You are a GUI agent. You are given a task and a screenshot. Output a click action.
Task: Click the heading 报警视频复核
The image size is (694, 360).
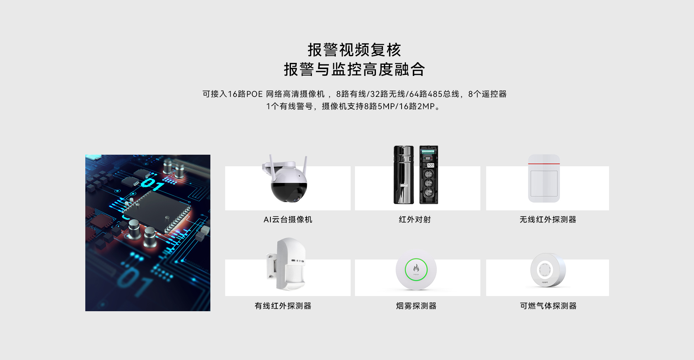click(354, 50)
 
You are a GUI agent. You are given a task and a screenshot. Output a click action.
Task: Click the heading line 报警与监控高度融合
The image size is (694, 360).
click(354, 69)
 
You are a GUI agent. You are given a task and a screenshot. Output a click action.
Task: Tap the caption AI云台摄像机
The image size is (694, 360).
click(288, 219)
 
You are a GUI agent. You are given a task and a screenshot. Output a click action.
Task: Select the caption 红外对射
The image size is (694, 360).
click(415, 219)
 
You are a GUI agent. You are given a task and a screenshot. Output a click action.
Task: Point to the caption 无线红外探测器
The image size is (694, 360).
click(548, 219)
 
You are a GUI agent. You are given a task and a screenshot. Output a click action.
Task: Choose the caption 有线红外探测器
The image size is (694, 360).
click(283, 306)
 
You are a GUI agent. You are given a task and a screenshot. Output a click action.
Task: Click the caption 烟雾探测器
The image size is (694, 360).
click(416, 306)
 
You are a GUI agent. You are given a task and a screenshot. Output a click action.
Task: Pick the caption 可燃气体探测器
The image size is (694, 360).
click(548, 306)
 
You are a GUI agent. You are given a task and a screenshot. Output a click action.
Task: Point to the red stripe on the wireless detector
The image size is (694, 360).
click(544, 164)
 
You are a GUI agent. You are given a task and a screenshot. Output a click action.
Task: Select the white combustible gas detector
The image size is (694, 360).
click(548, 270)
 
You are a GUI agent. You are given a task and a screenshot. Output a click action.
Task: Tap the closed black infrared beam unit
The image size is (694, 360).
click(403, 175)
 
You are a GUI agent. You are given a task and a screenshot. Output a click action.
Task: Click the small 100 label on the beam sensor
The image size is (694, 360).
click(430, 165)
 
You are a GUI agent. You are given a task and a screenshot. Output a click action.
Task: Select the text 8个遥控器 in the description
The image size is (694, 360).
click(487, 94)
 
